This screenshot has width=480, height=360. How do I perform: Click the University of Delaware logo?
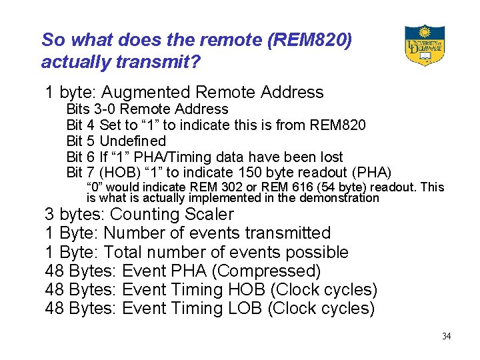(425, 45)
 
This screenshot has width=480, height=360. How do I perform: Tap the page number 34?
(446, 336)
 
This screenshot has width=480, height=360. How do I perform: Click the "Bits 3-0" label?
(91, 109)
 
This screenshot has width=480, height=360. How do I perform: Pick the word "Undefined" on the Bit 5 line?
(133, 141)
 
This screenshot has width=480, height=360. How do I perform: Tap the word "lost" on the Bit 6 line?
(329, 157)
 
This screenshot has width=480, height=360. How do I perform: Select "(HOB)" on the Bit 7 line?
(119, 173)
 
